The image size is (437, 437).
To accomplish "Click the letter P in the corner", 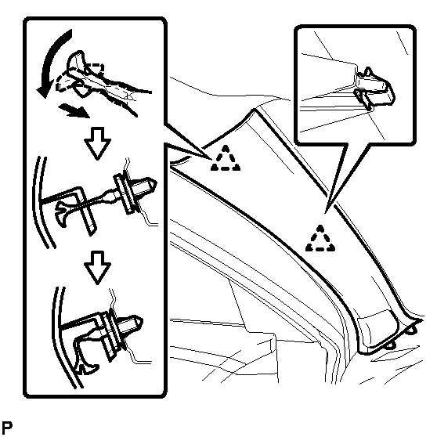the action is point(7,428).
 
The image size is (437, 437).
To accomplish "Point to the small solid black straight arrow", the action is point(74,110).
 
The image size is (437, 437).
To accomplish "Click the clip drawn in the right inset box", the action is point(375,88).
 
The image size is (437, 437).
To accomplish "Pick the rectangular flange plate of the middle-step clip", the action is point(125,193).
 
